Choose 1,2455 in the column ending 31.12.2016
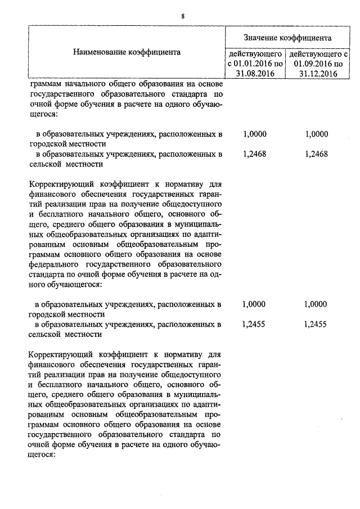point(315,324)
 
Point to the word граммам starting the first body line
point(43,84)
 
